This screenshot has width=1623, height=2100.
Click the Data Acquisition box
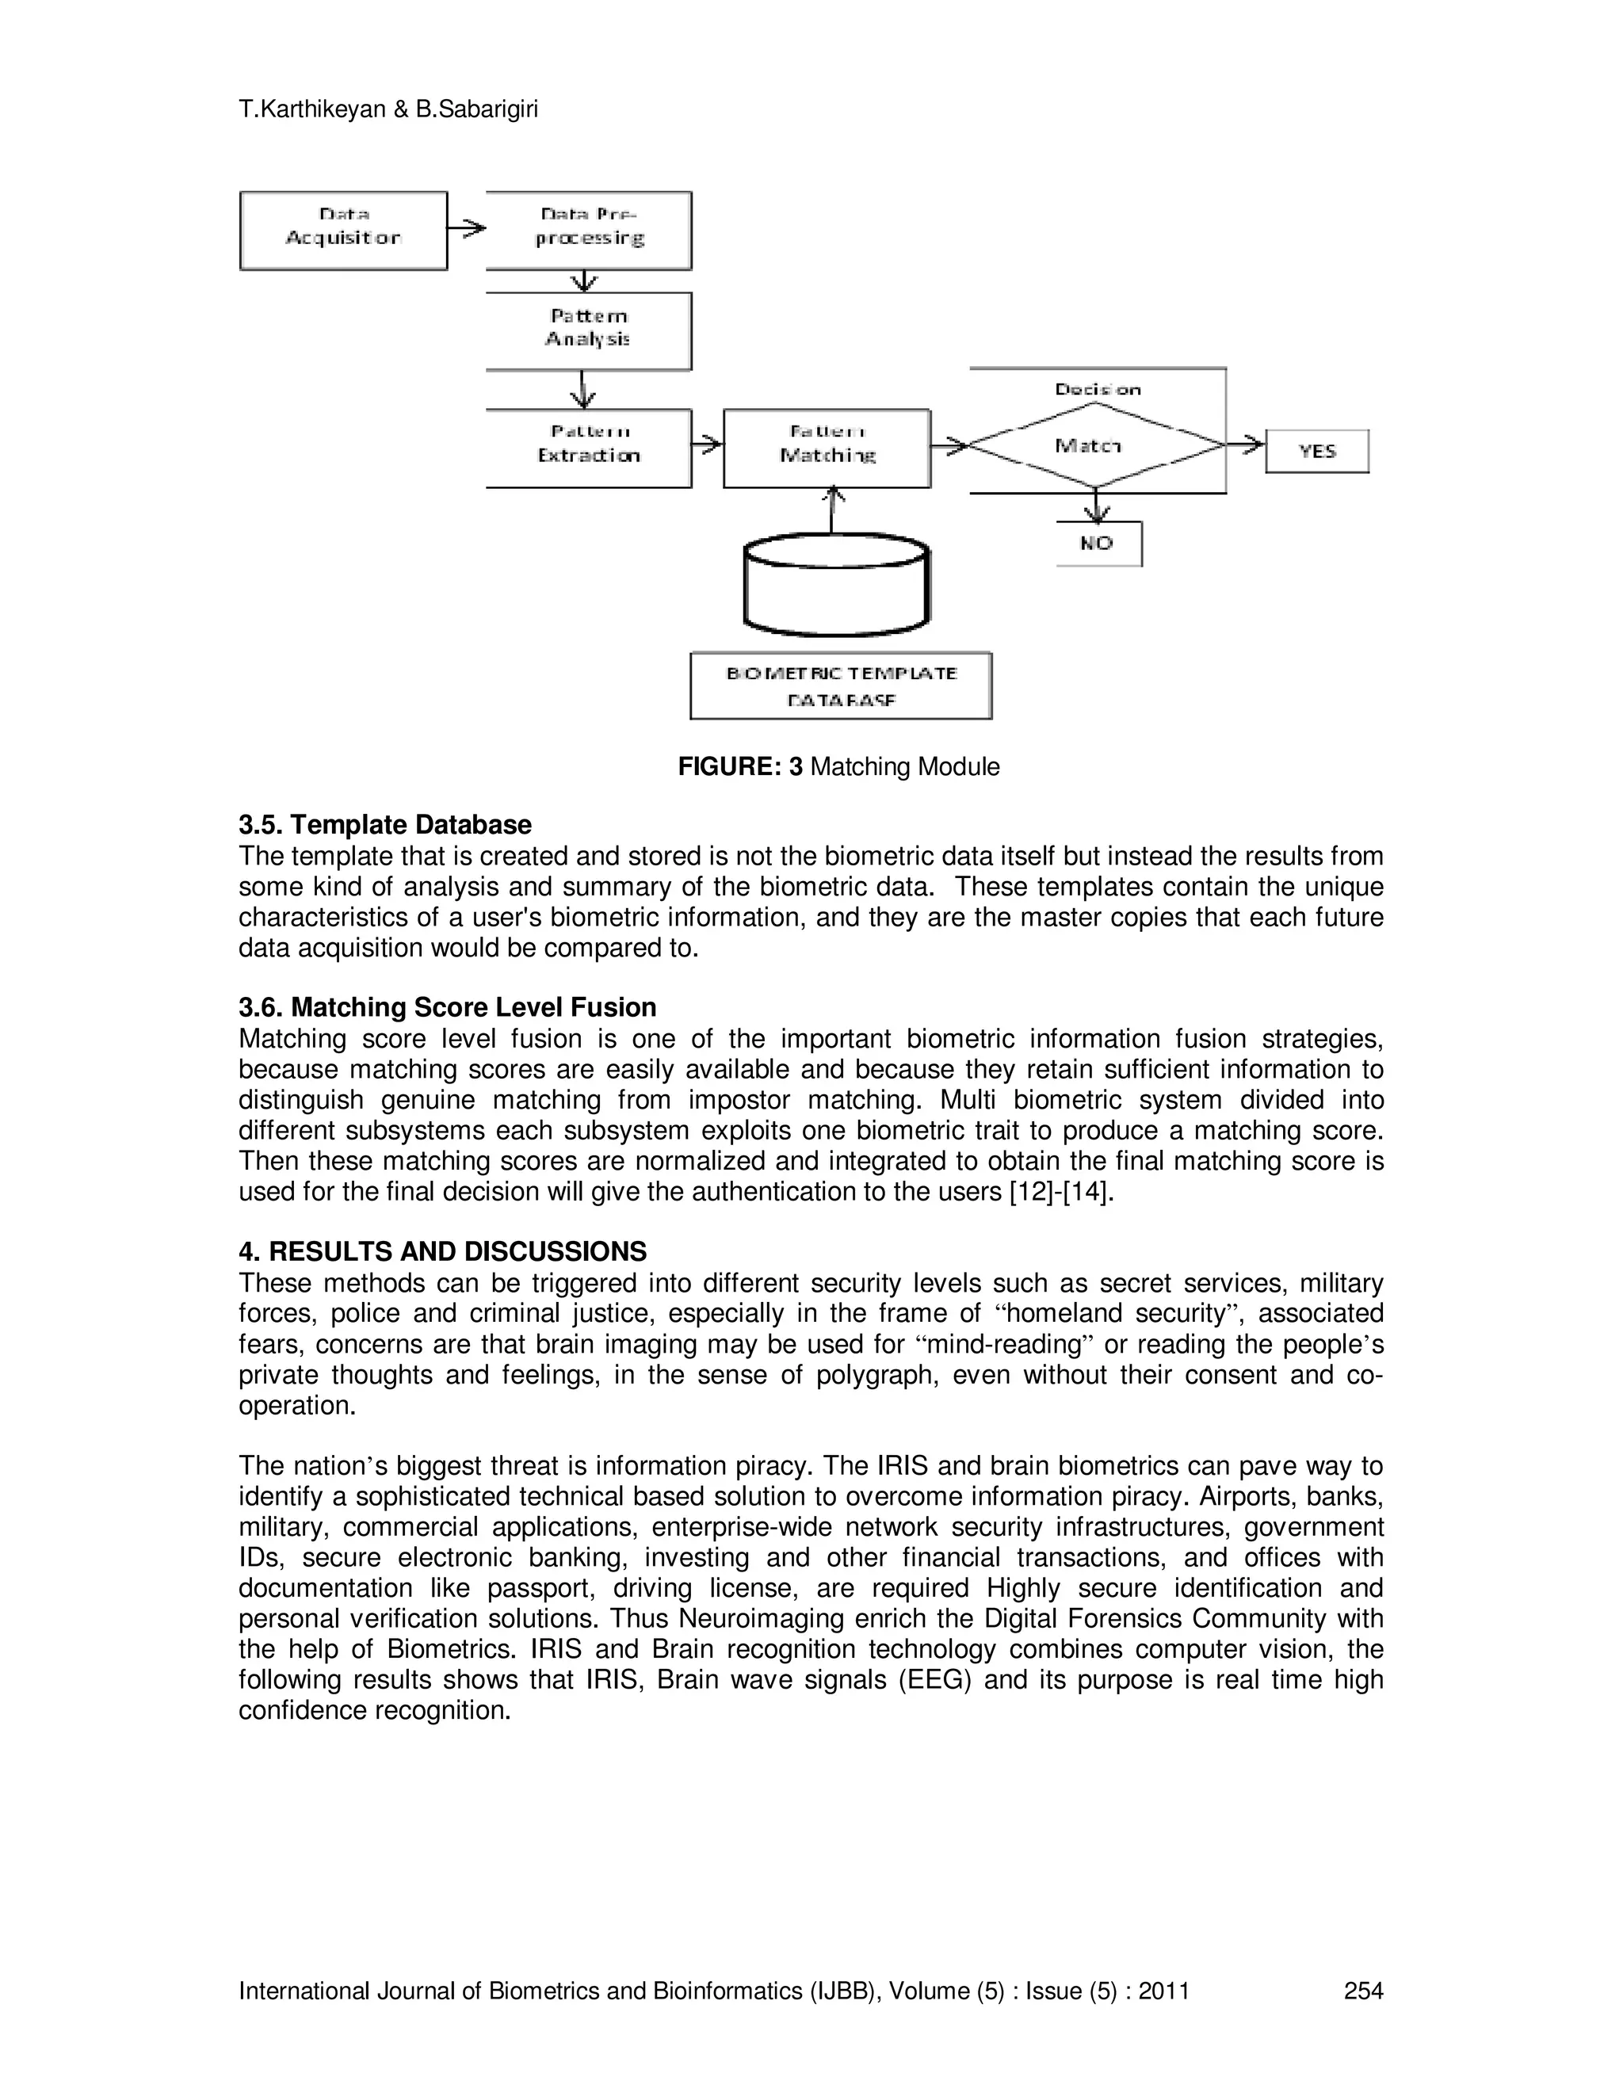[x=343, y=231]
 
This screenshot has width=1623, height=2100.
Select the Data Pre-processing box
[x=589, y=231]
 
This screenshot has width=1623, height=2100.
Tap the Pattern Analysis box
[x=589, y=330]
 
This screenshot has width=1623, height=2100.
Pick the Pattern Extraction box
[x=589, y=447]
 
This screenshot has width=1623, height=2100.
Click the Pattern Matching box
[x=827, y=447]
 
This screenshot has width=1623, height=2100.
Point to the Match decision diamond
[x=1096, y=445]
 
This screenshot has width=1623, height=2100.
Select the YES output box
[x=1316, y=451]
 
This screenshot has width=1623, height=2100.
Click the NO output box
[x=1098, y=544]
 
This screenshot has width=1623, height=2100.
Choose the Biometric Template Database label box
[x=840, y=685]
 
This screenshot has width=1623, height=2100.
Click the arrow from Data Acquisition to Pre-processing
[x=468, y=229]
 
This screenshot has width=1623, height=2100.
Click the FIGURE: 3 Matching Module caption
[x=838, y=766]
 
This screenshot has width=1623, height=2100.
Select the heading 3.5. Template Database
[x=384, y=825]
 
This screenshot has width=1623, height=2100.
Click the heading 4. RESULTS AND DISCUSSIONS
[x=442, y=1251]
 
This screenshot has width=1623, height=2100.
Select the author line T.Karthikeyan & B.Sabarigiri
[x=388, y=109]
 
